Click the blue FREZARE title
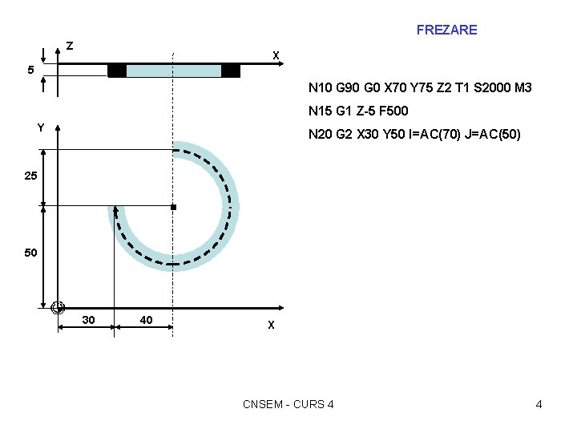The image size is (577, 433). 446,30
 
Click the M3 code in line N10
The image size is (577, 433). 523,87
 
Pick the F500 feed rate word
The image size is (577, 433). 393,111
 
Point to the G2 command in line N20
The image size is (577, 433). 344,134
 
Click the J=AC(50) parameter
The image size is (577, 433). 492,134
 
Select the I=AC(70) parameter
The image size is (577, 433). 434,134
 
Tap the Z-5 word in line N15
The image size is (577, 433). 365,111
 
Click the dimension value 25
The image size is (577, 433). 31,176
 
